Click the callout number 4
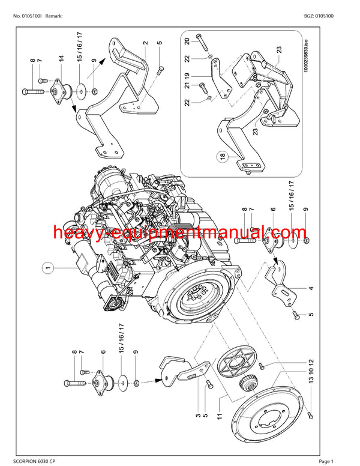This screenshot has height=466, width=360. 311,288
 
